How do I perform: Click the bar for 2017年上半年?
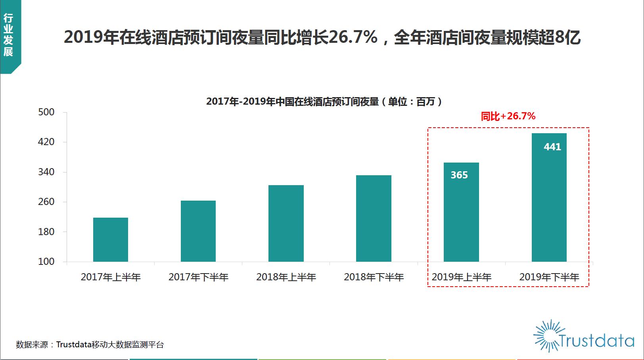coord(111,239)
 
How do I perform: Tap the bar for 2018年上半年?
coord(286,223)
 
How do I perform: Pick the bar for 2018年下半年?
coord(374,218)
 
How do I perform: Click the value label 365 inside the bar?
coord(459,175)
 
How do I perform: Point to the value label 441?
coord(552,147)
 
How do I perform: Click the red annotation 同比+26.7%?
coord(508,116)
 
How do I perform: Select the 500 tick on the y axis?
coord(46,112)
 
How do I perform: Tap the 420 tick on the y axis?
coord(46,142)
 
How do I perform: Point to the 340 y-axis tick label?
coord(46,172)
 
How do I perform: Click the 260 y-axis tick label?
coord(46,202)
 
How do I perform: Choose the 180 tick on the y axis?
coord(46,232)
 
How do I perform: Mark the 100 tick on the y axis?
coord(46,262)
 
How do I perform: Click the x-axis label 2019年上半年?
coord(462,277)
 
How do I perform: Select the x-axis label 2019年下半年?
coord(549,277)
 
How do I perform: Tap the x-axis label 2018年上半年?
coord(286,277)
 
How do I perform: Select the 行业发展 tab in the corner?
coord(8,35)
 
